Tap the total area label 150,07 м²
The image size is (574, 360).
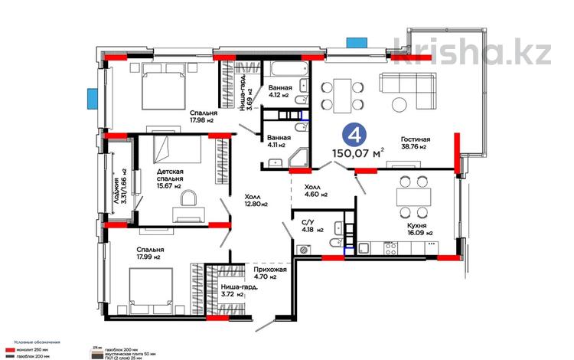(357, 152)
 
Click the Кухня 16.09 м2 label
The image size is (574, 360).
(418, 229)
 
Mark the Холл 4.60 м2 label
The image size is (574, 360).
(316, 191)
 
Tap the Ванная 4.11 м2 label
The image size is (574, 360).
(277, 140)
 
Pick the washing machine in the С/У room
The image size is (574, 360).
(304, 249)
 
